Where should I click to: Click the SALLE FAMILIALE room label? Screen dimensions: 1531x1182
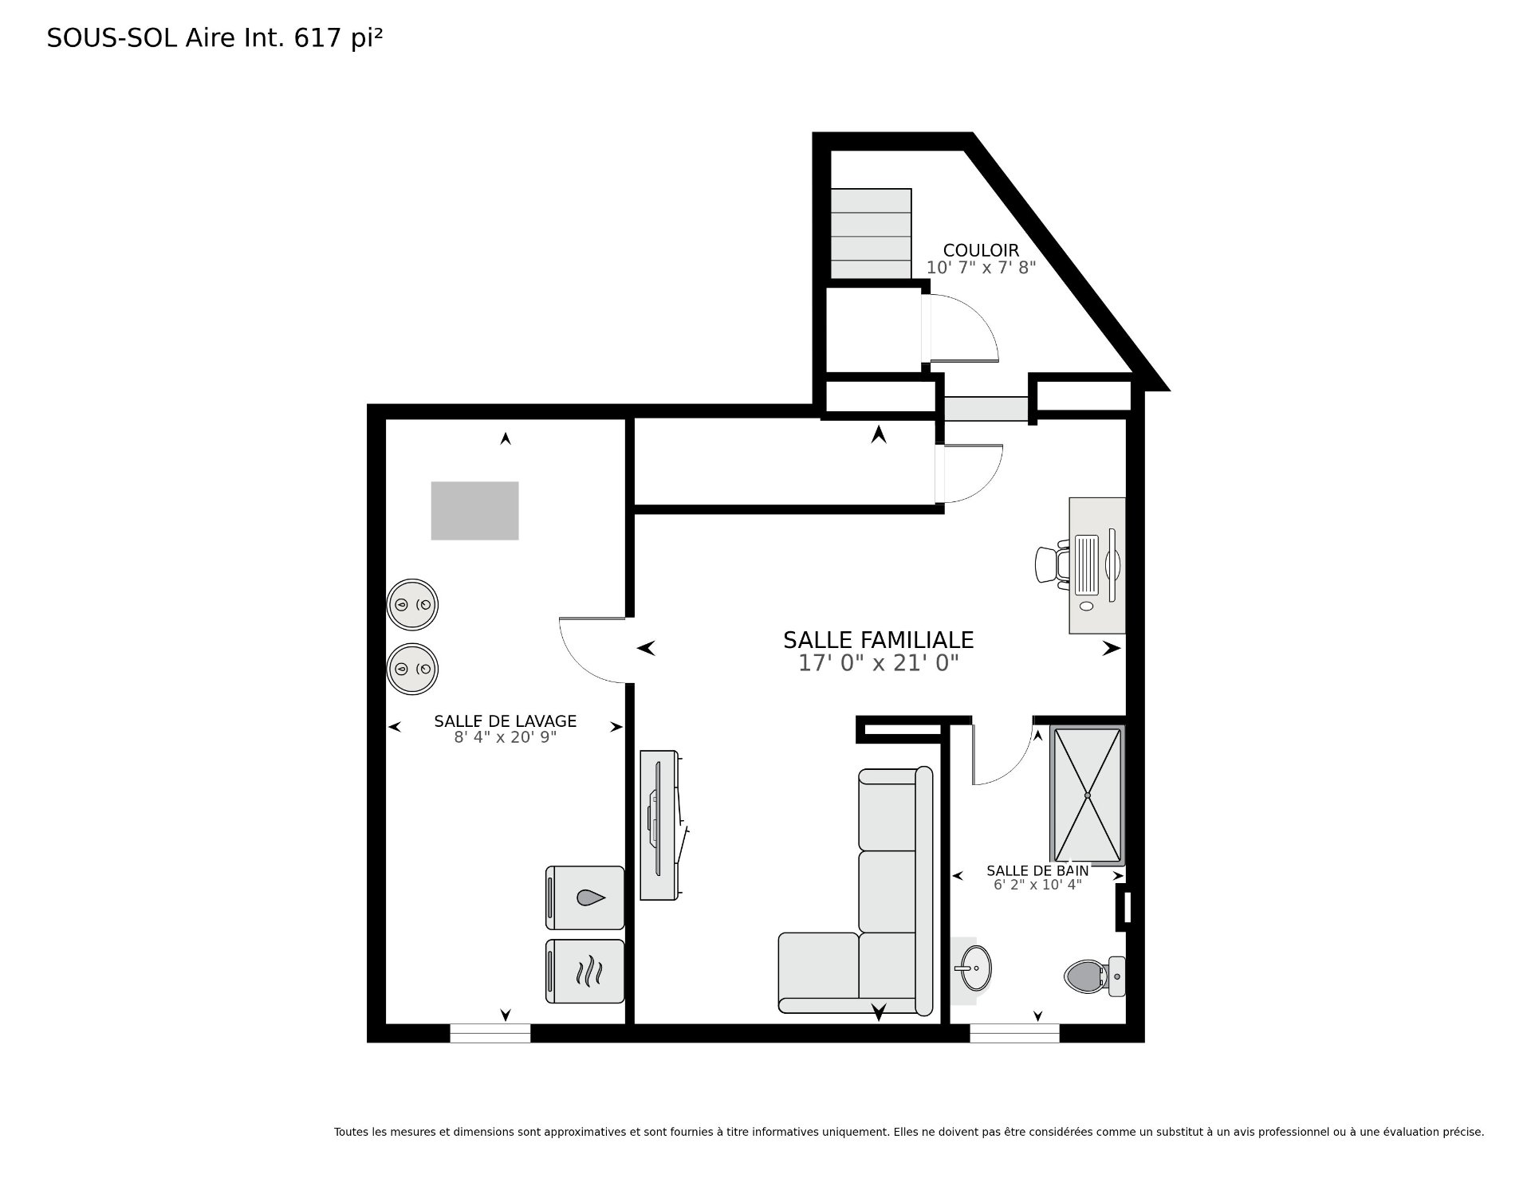click(878, 640)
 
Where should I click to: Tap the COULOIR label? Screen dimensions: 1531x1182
click(981, 250)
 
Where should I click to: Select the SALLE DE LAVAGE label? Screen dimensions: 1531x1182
click(505, 721)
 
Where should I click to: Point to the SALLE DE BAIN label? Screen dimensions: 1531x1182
click(1037, 871)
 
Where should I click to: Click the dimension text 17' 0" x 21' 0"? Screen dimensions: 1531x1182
click(878, 663)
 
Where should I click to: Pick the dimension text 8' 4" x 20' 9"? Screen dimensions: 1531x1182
click(505, 737)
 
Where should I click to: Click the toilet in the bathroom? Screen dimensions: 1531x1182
click(1094, 976)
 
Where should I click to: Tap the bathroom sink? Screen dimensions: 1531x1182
click(972, 968)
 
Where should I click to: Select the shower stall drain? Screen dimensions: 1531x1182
click(1087, 795)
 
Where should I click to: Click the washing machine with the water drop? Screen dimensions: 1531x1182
click(584, 897)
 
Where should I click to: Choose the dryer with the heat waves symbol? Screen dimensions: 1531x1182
click(584, 972)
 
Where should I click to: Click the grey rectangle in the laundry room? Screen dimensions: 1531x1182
click(474, 511)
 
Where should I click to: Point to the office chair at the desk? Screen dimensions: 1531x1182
click(1052, 564)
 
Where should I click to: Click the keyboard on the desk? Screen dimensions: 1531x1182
click(1087, 565)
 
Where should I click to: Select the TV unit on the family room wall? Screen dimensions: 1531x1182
click(661, 825)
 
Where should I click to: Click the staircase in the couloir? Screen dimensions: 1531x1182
click(871, 234)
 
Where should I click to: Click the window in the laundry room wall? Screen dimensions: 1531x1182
click(490, 1033)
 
